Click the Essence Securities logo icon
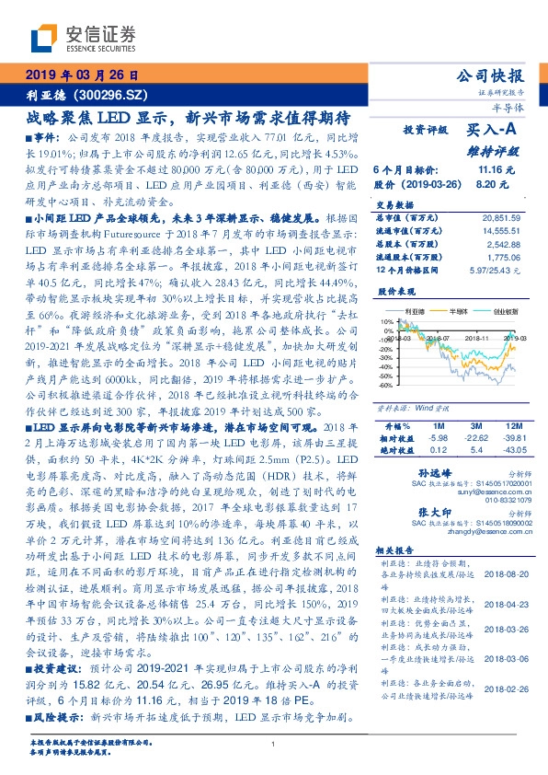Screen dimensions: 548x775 (43, 40)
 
